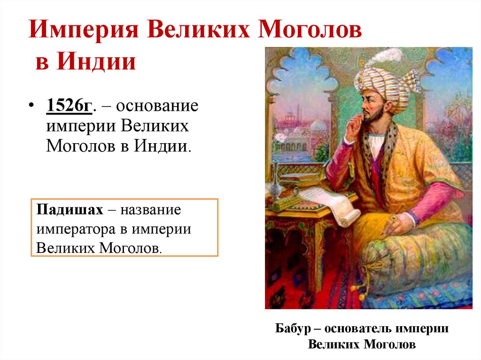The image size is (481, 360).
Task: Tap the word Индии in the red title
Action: click(x=98, y=61)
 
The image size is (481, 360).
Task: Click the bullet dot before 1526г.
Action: click(x=31, y=106)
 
